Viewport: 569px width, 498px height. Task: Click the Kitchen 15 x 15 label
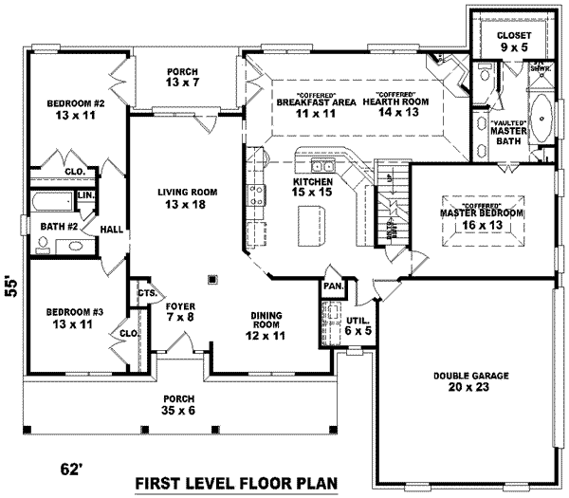312,187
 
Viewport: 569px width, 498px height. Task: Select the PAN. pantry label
333,285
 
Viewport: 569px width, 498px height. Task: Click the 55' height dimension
12,287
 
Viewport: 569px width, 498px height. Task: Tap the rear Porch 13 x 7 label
181,76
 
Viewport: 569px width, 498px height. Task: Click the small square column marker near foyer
212,279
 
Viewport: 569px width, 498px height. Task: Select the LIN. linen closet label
84,195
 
